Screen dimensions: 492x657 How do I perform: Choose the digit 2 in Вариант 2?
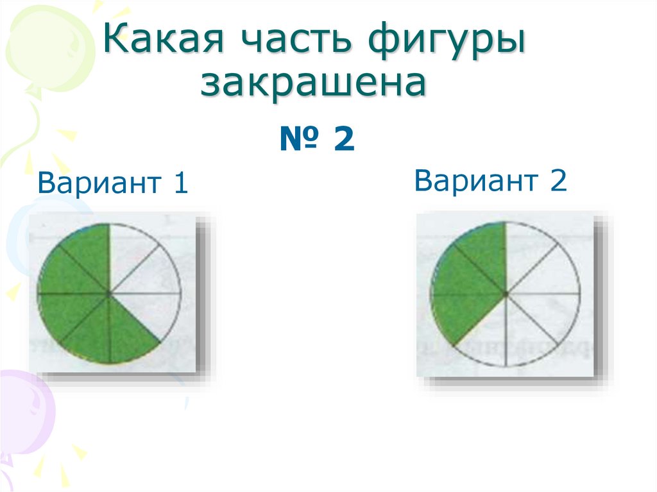pyautogui.click(x=558, y=180)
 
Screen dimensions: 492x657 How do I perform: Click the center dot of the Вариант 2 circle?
pyautogui.click(x=506, y=294)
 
